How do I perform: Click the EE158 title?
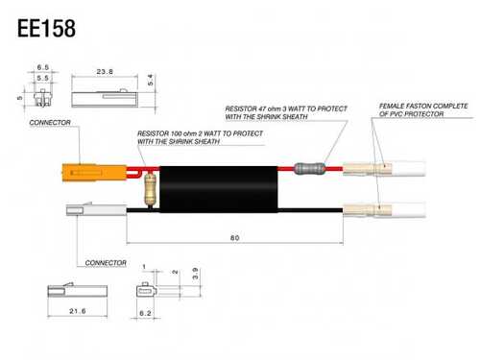coord(46,28)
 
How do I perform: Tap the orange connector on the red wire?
coord(94,173)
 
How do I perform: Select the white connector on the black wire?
coord(96,209)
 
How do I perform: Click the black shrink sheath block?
coord(219,189)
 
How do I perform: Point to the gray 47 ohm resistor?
coord(309,168)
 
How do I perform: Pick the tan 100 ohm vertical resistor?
coord(150,189)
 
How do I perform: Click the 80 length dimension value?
coord(234,238)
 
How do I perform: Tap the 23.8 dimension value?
coord(105,72)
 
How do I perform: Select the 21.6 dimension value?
coord(78,311)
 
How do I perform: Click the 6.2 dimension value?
coord(145,313)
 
